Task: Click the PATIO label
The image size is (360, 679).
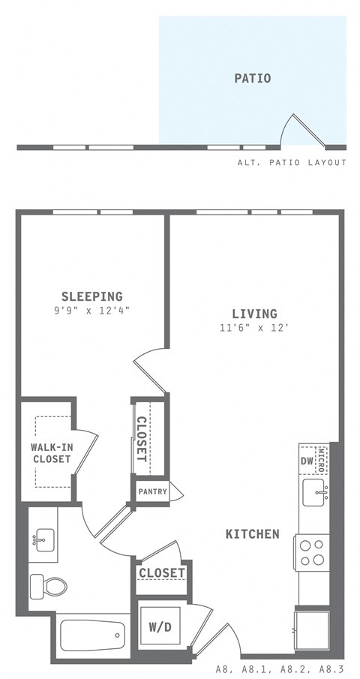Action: (252, 78)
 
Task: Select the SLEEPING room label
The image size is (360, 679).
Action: (91, 296)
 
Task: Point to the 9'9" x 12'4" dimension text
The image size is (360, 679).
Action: (91, 310)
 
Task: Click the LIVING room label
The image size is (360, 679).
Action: (254, 314)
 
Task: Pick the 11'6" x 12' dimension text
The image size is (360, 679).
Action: (254, 327)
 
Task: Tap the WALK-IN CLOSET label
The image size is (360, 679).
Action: (51, 453)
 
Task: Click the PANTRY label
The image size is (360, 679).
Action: (152, 491)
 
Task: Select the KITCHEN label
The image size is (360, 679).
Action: (252, 534)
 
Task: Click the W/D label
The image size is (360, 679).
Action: (159, 626)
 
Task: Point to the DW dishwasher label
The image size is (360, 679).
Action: (307, 461)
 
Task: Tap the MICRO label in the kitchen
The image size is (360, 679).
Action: (322, 456)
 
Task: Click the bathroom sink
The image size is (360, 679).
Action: (44, 539)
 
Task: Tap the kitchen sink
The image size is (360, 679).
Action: (314, 494)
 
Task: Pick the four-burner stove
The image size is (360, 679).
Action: (313, 552)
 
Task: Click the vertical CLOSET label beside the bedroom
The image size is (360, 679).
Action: (142, 439)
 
